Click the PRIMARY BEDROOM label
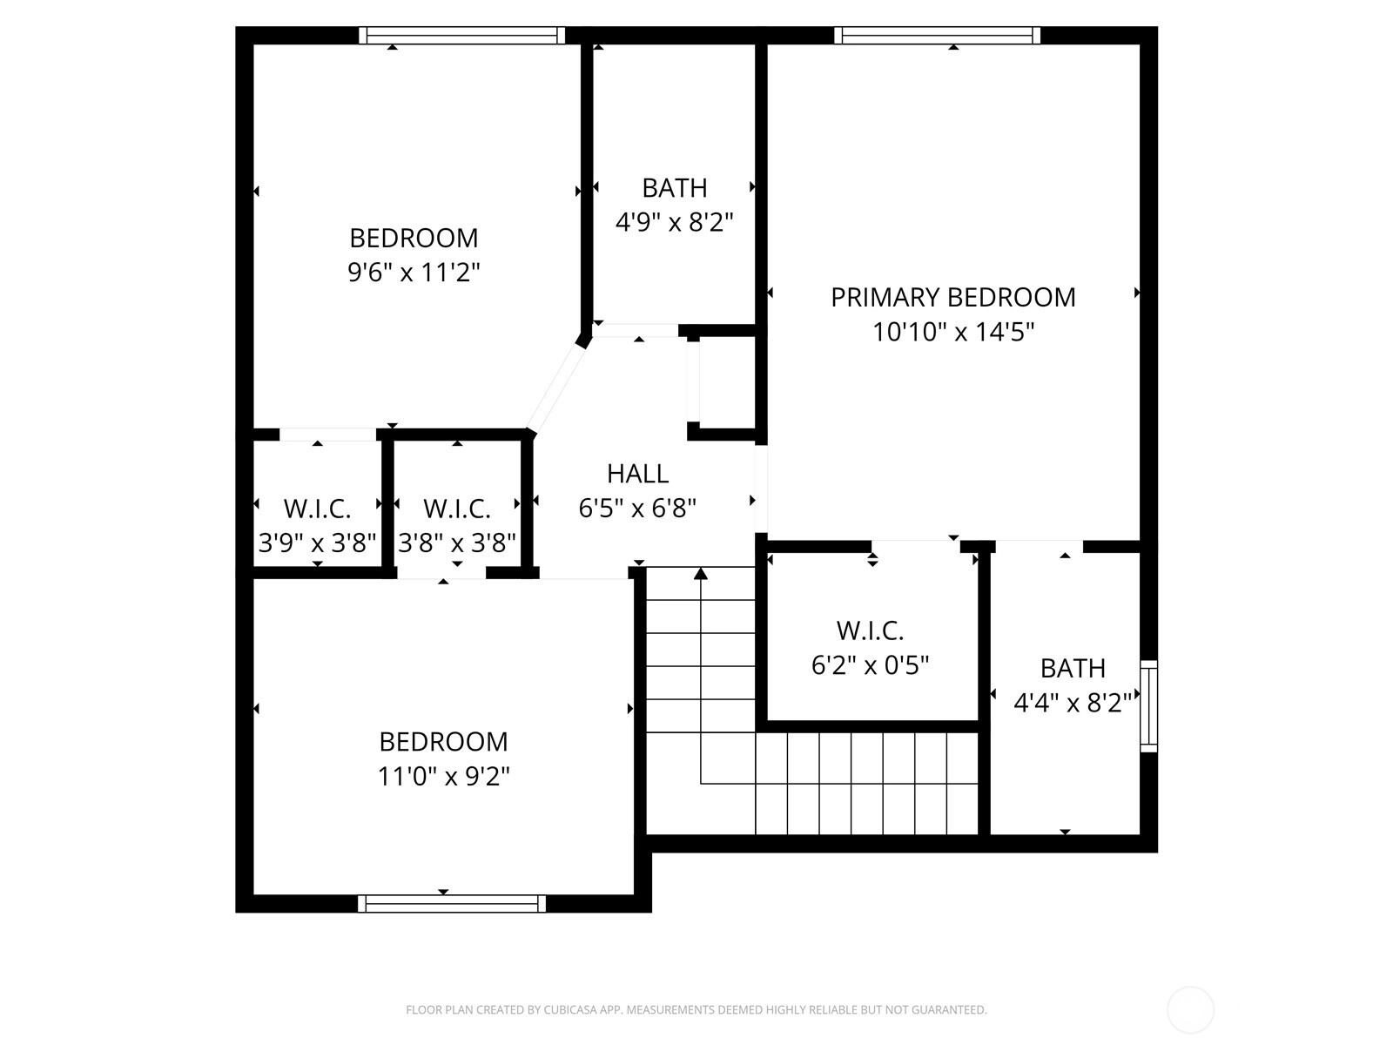click(x=953, y=298)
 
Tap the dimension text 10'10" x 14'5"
click(x=953, y=332)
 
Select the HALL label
click(x=638, y=474)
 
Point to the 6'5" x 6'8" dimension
click(x=638, y=509)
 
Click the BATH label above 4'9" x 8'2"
click(x=675, y=188)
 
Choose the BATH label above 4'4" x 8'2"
click(x=1073, y=669)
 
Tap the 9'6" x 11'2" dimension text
click(x=414, y=273)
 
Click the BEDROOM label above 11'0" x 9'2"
click(x=444, y=742)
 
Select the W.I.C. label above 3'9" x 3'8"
click(x=317, y=509)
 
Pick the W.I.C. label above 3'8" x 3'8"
click(x=457, y=509)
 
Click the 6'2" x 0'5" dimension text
click(x=870, y=665)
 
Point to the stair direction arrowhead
click(x=701, y=574)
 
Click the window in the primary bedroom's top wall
click(x=938, y=36)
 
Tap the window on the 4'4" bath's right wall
click(x=1148, y=706)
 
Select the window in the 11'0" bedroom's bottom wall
click(x=452, y=904)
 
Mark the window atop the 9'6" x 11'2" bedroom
click(x=462, y=36)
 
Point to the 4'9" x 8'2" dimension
click(x=675, y=223)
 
